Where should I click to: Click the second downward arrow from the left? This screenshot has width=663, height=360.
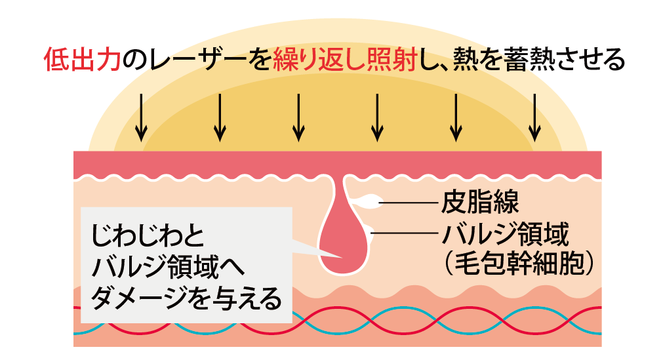[x=220, y=117]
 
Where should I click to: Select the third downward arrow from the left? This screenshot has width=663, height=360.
[x=298, y=117]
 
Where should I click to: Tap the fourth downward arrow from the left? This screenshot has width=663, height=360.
[x=376, y=117]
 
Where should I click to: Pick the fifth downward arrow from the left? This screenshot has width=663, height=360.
[x=456, y=117]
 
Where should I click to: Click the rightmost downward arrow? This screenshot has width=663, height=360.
[x=535, y=117]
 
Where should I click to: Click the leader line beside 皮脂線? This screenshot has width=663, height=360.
[x=407, y=203]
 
